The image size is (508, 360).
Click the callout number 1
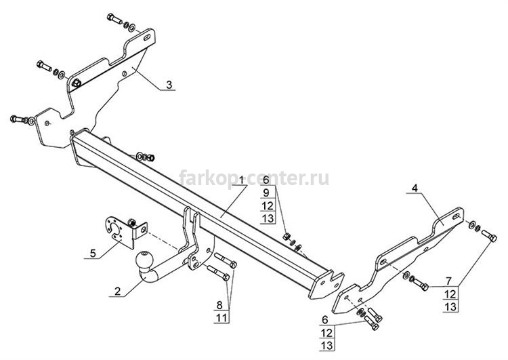click(241, 179)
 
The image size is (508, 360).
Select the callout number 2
click(117, 291)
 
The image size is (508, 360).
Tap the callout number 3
click(169, 85)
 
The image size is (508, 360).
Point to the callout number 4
click(415, 188)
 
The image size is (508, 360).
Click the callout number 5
click(93, 253)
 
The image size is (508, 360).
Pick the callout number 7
click(448, 281)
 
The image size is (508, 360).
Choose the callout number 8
click(219, 305)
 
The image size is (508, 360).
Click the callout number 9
click(266, 193)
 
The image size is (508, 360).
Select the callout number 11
click(221, 318)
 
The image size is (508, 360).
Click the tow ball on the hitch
click(143, 260)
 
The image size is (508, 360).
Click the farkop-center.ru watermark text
click(254, 178)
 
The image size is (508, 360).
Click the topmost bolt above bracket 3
click(114, 18)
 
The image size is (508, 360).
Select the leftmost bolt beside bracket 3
click(19, 119)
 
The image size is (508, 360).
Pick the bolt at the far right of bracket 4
click(489, 235)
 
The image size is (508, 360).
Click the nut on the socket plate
click(132, 222)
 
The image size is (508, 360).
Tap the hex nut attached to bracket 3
click(77, 83)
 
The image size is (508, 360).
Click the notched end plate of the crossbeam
click(326, 285)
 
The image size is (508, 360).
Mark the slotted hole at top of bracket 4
click(457, 216)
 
